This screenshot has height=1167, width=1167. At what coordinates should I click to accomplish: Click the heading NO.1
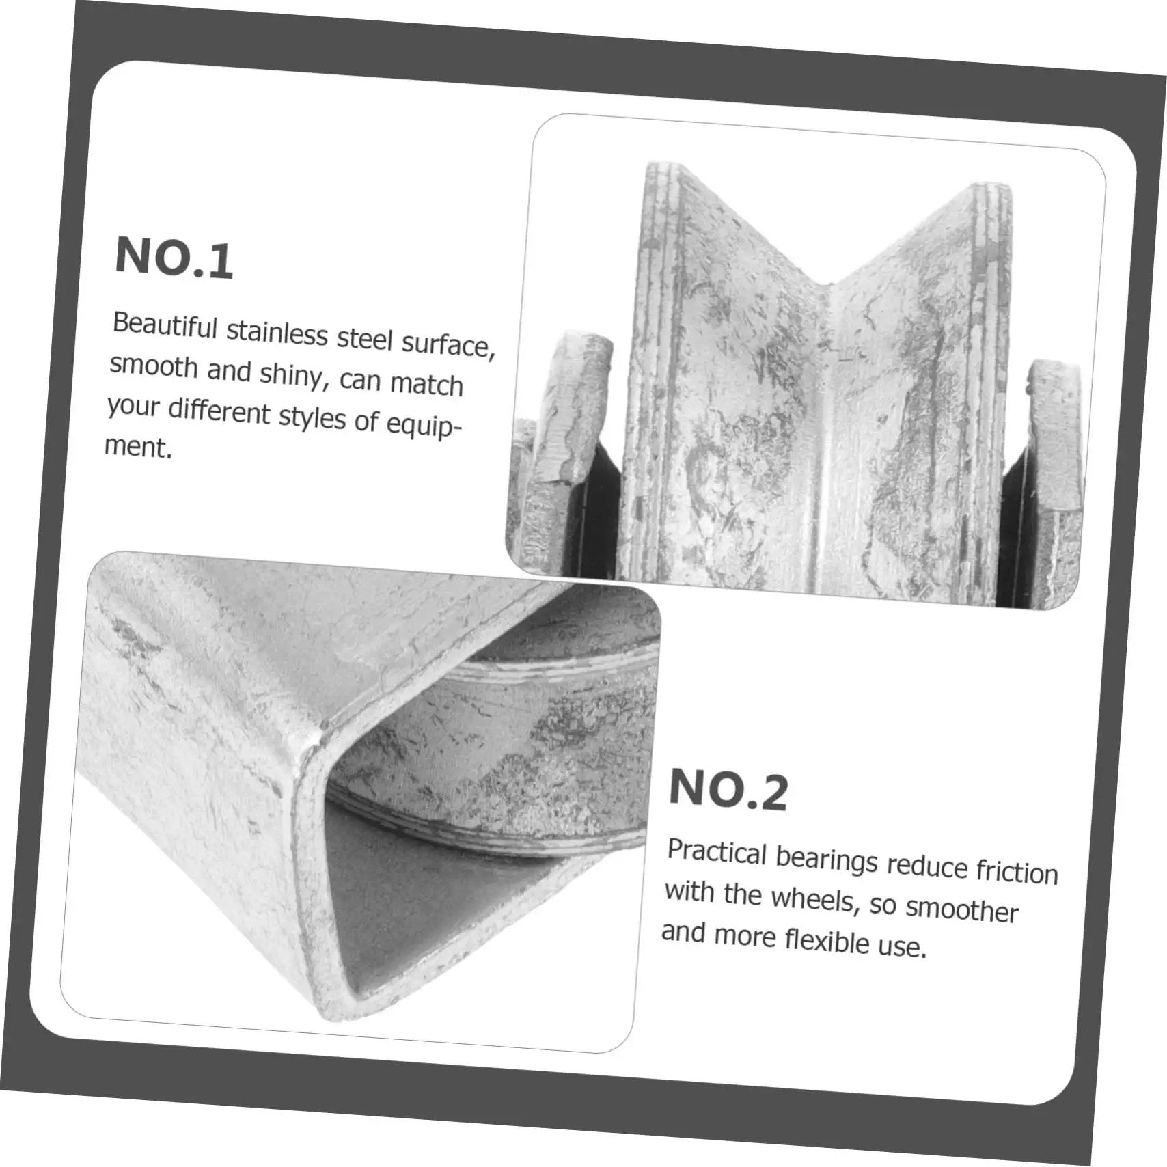(174, 258)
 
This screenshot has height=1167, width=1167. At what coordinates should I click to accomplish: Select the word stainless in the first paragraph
(277, 333)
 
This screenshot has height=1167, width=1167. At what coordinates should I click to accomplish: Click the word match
(427, 384)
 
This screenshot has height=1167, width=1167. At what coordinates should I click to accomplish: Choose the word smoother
(962, 909)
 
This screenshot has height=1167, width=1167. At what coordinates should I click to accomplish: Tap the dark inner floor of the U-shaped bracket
(437, 909)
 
